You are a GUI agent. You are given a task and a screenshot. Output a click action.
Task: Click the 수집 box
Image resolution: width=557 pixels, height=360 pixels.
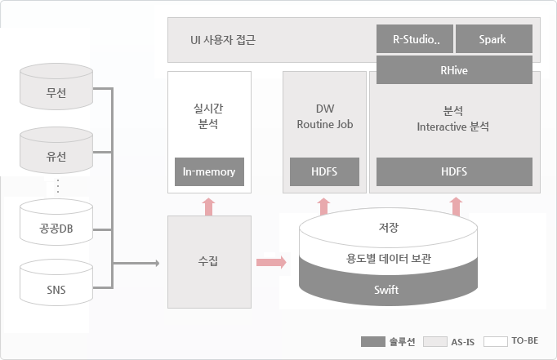coord(208,261)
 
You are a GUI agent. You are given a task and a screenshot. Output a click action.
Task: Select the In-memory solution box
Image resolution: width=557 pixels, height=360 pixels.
coord(209,171)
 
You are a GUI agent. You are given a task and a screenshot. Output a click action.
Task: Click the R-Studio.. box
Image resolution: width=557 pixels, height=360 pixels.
coord(414,39)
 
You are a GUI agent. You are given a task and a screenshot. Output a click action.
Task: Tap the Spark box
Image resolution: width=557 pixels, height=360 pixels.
coord(492,39)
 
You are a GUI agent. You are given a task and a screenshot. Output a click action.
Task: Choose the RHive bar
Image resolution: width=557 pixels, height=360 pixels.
coord(454,70)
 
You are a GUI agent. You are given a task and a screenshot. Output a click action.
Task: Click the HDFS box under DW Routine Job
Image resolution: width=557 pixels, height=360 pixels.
coord(324,171)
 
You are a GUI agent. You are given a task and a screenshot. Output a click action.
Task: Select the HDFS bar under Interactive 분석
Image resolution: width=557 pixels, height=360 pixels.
coord(454,171)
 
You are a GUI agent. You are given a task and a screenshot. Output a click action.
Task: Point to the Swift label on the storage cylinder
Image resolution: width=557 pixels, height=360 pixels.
coord(386,290)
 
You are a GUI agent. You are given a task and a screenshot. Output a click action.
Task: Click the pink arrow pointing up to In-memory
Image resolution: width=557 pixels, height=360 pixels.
coord(208,206)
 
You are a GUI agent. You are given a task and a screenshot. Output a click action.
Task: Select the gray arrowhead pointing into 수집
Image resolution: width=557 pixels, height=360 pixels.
coord(154,263)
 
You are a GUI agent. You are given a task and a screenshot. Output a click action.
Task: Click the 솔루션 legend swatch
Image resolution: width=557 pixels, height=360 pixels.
coord(372,341)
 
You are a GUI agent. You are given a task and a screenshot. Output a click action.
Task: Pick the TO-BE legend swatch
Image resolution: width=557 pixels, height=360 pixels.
coord(495,341)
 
